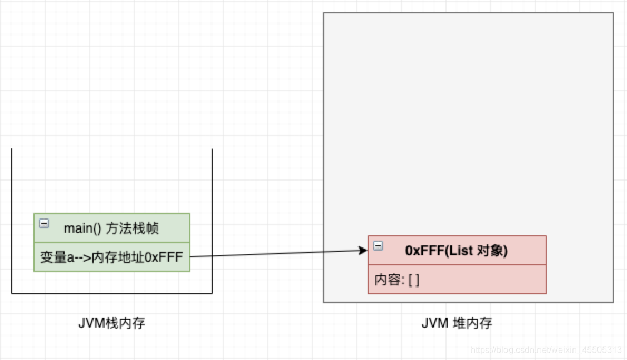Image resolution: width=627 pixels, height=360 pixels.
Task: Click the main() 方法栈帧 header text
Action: point(111,228)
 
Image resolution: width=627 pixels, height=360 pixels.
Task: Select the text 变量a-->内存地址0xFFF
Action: point(112,257)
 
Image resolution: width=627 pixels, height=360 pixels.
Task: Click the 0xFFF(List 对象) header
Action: point(457,251)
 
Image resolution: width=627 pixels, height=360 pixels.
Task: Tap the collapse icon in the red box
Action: point(378,246)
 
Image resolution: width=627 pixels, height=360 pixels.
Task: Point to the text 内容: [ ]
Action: point(397,280)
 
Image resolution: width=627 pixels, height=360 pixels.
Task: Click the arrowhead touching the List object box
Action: point(364,251)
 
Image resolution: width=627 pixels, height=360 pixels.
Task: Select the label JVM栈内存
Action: point(112,323)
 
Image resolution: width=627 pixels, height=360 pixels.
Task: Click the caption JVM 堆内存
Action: point(457,323)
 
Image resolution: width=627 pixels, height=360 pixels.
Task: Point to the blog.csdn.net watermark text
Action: point(546,350)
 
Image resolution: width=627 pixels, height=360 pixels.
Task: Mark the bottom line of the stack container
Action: point(112,293)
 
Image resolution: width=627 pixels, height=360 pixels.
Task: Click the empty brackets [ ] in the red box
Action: point(414,280)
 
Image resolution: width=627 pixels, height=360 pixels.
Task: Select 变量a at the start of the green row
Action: point(54,257)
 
